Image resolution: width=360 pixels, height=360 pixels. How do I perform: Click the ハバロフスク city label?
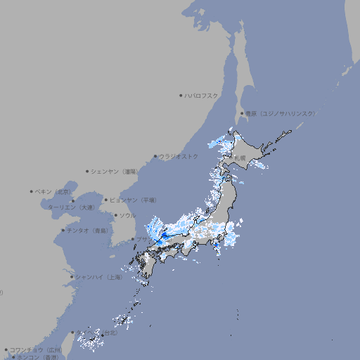[202, 95]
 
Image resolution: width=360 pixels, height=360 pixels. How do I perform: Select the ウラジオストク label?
[179, 156]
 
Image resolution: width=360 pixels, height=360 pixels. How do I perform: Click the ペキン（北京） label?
[53, 191]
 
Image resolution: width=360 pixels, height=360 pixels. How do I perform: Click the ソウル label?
[127, 215]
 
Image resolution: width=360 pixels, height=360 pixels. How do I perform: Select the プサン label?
[143, 239]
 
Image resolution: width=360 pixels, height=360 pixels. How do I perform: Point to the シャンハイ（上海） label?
[98, 277]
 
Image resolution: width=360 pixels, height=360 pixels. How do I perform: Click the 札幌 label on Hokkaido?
[240, 158]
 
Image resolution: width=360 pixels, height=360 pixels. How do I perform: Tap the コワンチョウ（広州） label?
[36, 349]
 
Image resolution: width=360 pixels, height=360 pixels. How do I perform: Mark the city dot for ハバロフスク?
[181, 95]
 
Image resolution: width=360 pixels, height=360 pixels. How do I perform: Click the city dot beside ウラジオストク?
[155, 156]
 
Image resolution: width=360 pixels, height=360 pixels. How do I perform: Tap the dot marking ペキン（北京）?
[32, 191]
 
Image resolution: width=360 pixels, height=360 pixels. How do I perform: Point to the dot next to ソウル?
[115, 215]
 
